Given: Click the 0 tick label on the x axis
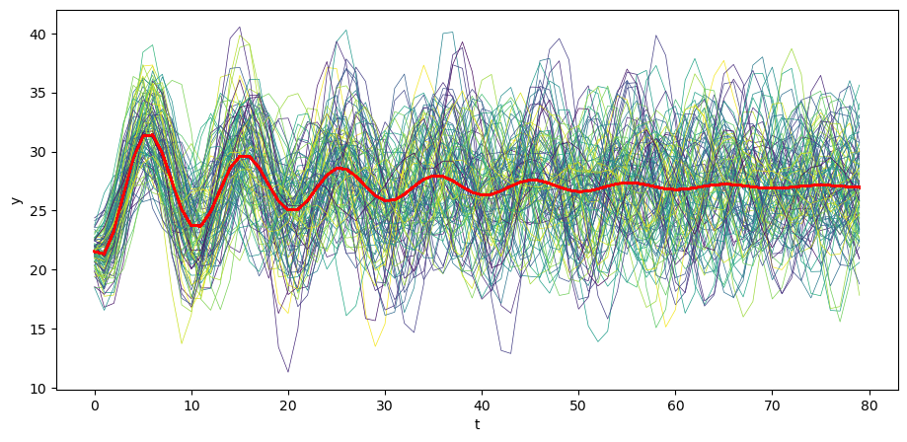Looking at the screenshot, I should point(95,405).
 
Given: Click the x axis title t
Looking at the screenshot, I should point(477,424).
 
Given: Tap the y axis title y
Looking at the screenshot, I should point(15,199).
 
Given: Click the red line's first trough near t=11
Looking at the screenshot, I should point(199,226).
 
